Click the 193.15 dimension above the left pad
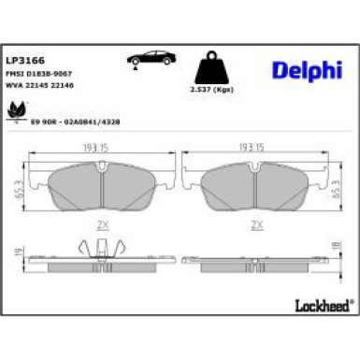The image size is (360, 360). pyautogui.click(x=109, y=147)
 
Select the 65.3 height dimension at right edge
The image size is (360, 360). pyautogui.click(x=336, y=185)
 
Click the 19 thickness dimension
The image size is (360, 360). pyautogui.click(x=19, y=252)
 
